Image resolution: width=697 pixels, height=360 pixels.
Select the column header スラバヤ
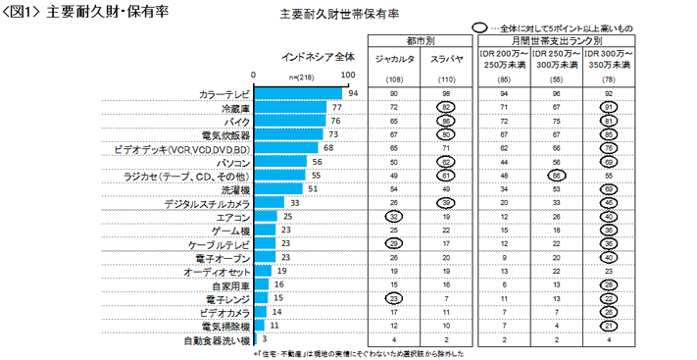(446, 60)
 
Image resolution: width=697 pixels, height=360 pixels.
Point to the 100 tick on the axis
(347, 74)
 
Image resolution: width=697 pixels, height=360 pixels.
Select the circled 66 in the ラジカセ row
(554, 175)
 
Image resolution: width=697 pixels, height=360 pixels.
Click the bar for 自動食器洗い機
(256, 338)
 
